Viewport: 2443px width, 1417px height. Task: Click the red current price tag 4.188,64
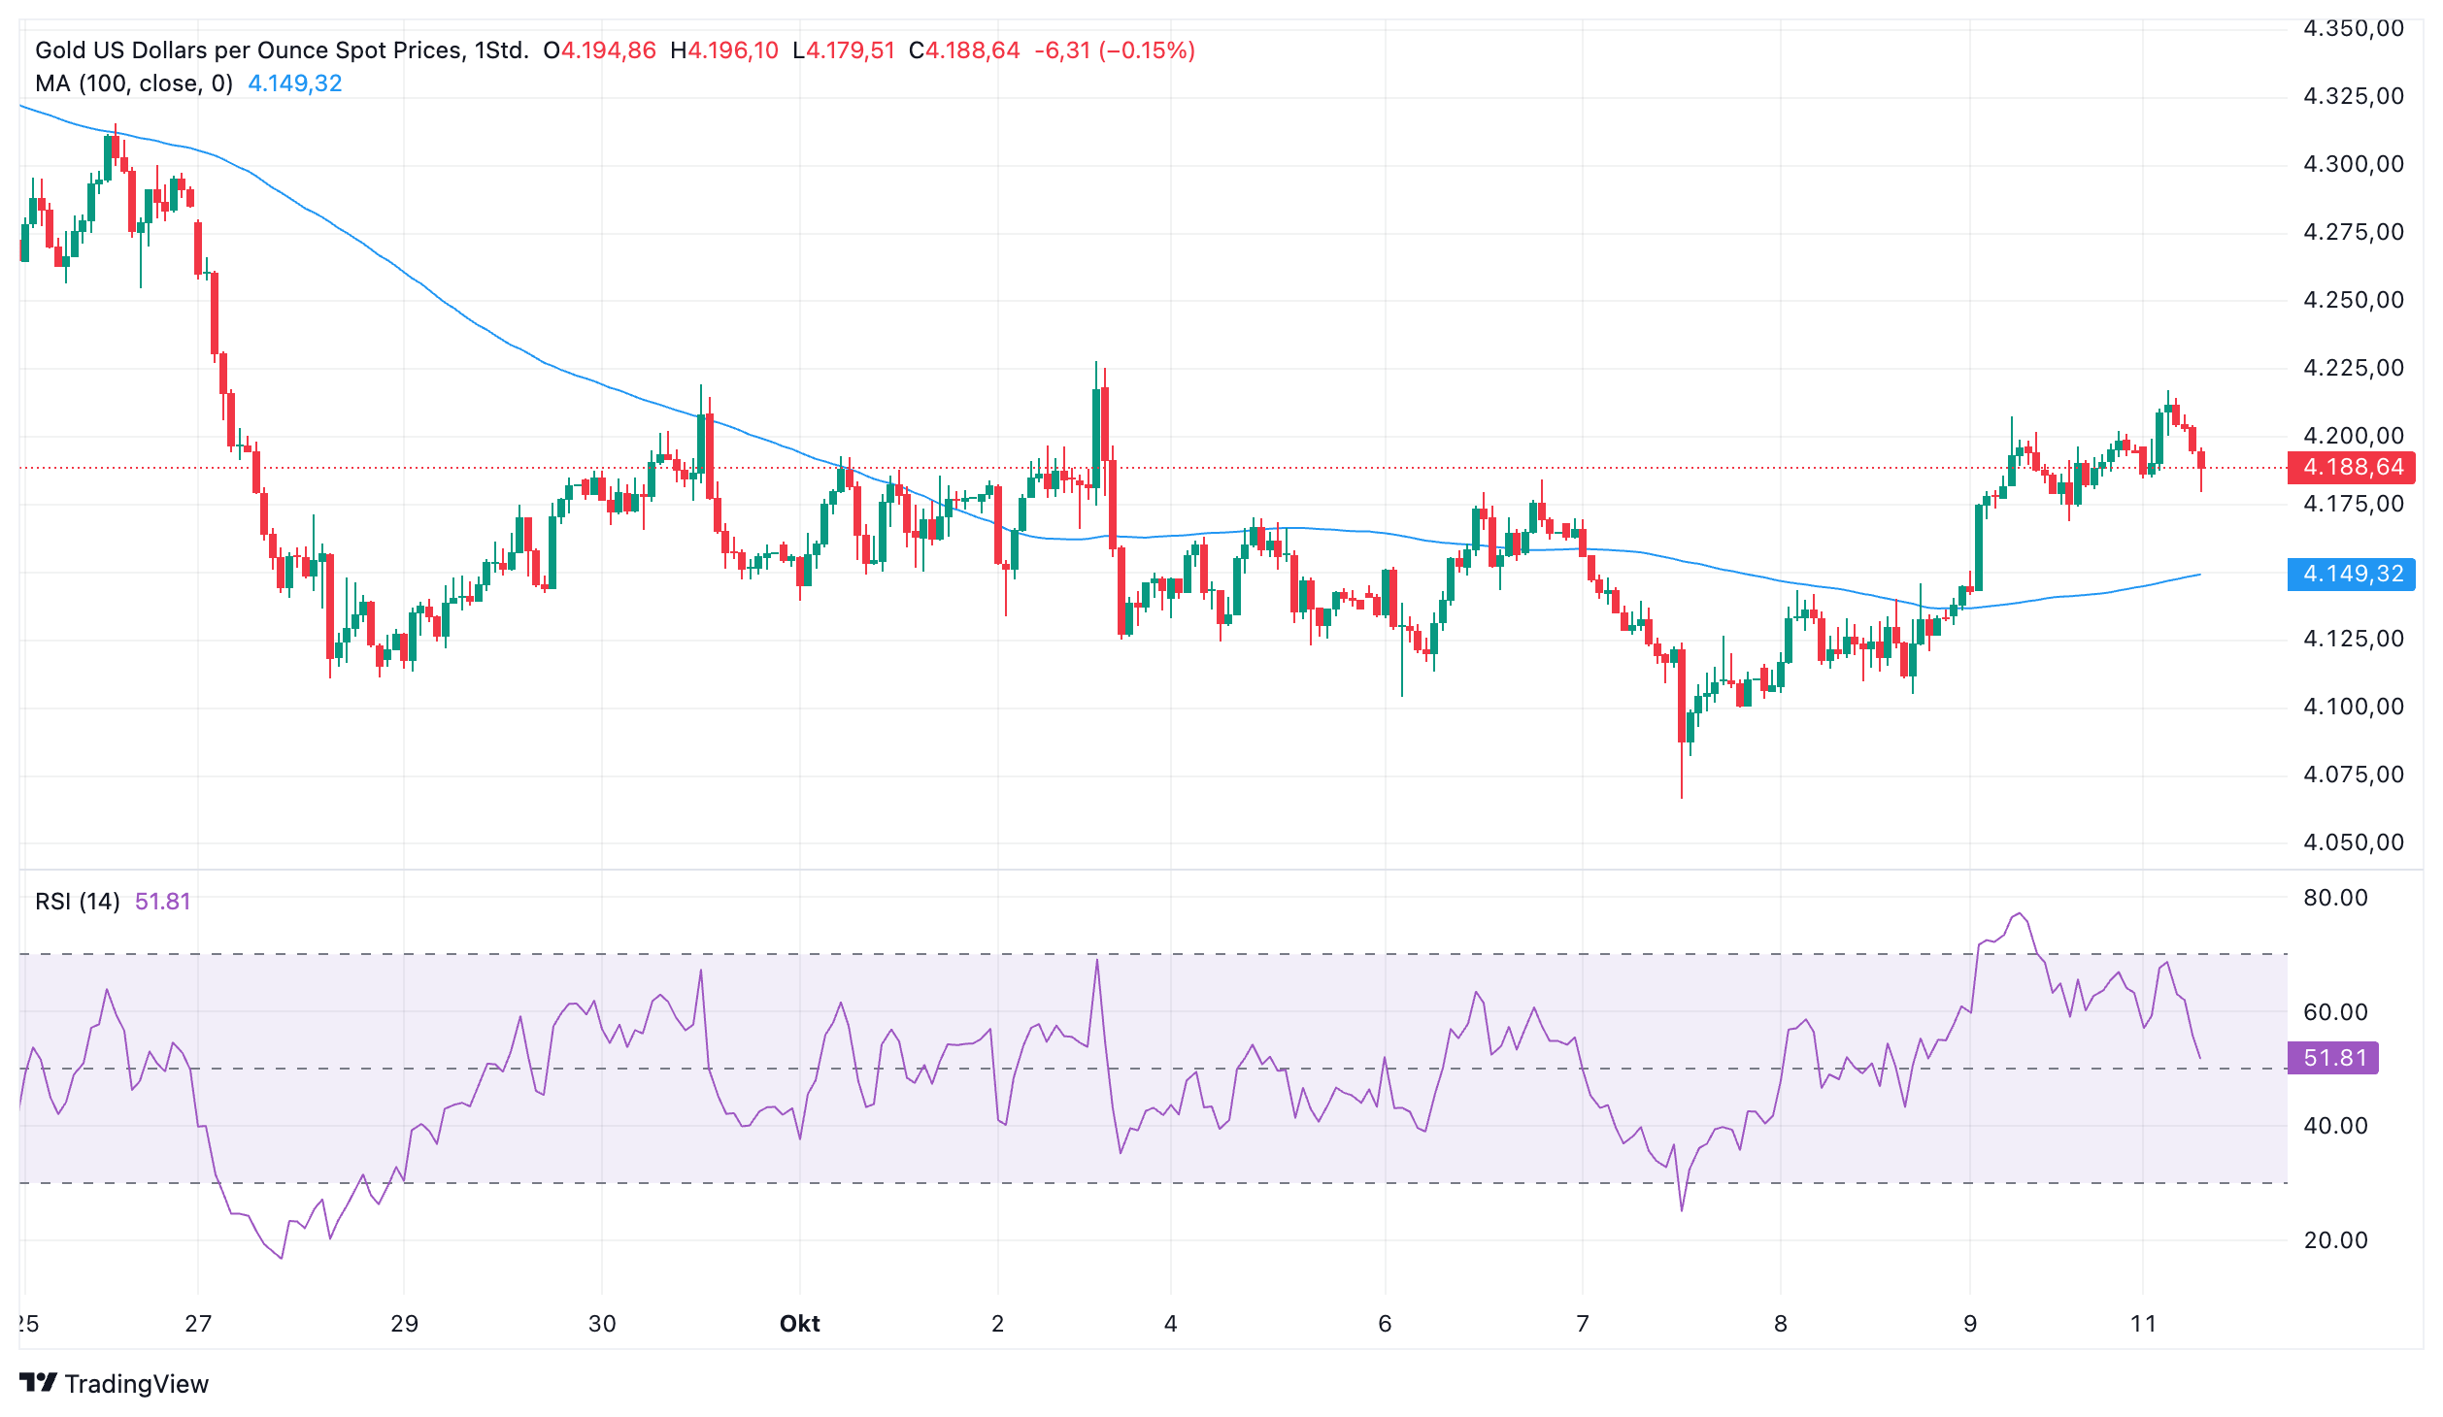pyautogui.click(x=2351, y=467)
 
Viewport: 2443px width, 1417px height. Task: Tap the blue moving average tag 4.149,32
pyautogui.click(x=2351, y=574)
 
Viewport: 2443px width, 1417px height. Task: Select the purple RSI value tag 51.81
pyautogui.click(x=2333, y=1057)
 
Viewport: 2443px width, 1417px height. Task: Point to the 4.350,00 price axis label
pyautogui.click(x=2354, y=28)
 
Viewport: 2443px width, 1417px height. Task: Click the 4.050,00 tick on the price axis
pyautogui.click(x=2354, y=842)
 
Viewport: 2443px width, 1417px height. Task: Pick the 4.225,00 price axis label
pyautogui.click(x=2354, y=368)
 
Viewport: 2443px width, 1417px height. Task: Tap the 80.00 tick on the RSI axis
pyautogui.click(x=2335, y=898)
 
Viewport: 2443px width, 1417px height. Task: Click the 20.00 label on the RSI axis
pyautogui.click(x=2335, y=1240)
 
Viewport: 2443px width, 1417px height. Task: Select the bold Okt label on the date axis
pyautogui.click(x=800, y=1324)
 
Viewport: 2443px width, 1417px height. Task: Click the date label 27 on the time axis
pyautogui.click(x=198, y=1324)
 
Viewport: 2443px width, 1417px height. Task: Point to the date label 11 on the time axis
pyautogui.click(x=2143, y=1324)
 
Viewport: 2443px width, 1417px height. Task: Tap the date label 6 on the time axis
pyautogui.click(x=1385, y=1324)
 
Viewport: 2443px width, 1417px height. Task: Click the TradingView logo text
pyautogui.click(x=137, y=1384)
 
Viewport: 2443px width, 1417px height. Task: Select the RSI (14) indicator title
pyautogui.click(x=78, y=902)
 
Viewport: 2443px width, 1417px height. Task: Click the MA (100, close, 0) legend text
pyautogui.click(x=134, y=83)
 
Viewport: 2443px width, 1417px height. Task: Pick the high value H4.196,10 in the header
pyautogui.click(x=724, y=50)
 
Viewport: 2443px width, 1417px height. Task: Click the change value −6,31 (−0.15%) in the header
pyautogui.click(x=1115, y=50)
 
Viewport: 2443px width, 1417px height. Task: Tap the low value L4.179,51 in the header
pyautogui.click(x=844, y=50)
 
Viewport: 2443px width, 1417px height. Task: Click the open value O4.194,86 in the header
pyautogui.click(x=600, y=50)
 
